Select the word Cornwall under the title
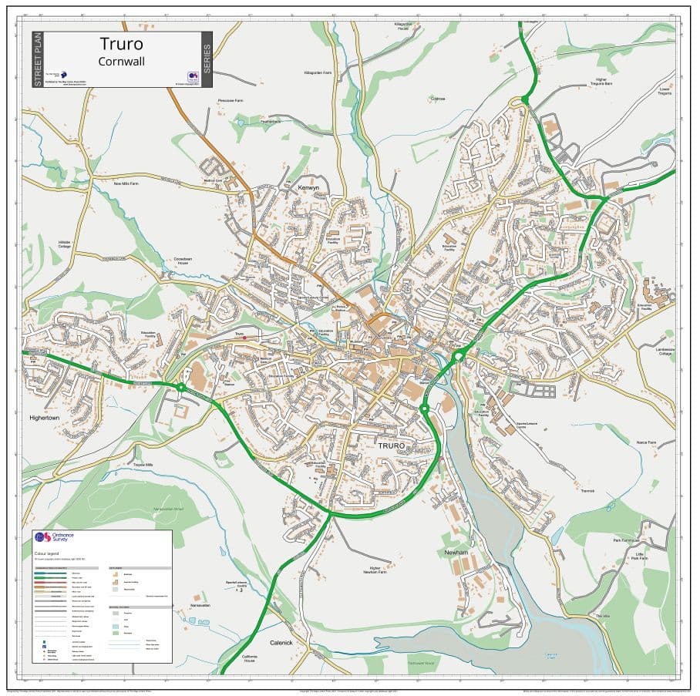pos(122,61)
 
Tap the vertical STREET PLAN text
pos(37,59)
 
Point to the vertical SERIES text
pos(206,59)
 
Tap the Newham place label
pos(456,553)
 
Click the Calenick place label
pos(281,642)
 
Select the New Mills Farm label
pos(126,184)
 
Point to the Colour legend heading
pos(48,553)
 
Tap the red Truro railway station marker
pos(244,338)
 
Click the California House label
pos(248,659)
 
